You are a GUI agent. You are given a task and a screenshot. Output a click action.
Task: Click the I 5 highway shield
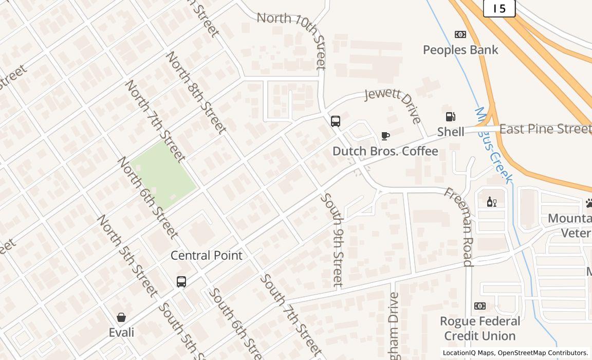tap(498, 8)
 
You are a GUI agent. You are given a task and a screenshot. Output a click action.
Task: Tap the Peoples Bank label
tap(460, 50)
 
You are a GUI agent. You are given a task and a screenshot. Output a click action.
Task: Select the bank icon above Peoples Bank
tap(460, 34)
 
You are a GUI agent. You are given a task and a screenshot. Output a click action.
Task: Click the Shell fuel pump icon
tap(451, 117)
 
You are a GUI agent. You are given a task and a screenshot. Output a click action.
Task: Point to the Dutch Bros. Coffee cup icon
tap(385, 136)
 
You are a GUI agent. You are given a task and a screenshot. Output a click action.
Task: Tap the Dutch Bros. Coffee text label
tap(385, 151)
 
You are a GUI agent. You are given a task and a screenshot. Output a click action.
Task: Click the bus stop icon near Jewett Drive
tap(336, 121)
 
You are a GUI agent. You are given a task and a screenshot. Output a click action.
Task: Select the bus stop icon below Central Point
tap(181, 282)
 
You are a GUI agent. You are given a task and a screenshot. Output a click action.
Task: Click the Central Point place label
tap(206, 256)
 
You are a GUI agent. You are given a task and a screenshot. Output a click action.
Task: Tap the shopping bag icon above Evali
tap(121, 317)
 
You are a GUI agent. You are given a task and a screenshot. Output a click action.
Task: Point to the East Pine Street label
tap(545, 129)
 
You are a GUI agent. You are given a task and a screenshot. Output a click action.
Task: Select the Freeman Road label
tap(458, 226)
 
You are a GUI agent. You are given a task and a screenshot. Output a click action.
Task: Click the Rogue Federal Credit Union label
tap(479, 329)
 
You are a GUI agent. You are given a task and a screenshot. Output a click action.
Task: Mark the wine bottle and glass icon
tap(491, 202)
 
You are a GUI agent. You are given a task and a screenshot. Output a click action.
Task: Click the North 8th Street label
tap(196, 93)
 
